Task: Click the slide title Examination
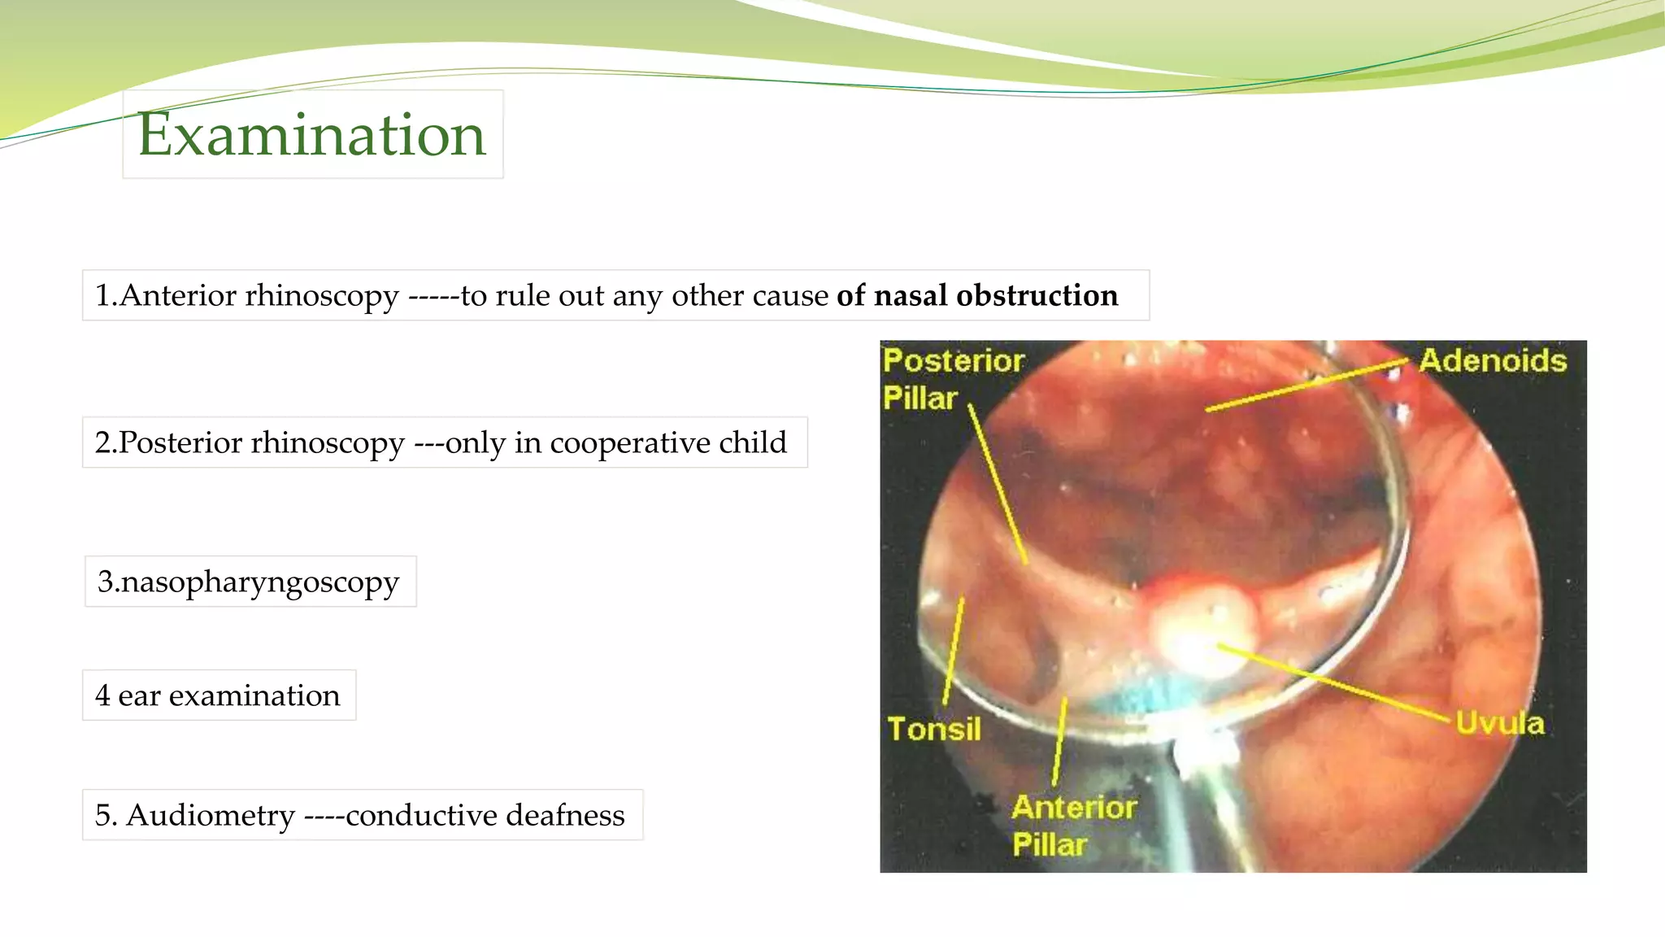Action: click(311, 134)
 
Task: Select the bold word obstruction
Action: click(1037, 295)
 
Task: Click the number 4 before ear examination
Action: click(102, 695)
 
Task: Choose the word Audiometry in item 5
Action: click(211, 815)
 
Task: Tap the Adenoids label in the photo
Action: click(1493, 360)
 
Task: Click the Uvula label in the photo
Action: click(1498, 723)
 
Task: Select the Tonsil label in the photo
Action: click(933, 729)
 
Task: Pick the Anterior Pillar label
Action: click(1073, 826)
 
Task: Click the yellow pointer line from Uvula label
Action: click(1333, 683)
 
